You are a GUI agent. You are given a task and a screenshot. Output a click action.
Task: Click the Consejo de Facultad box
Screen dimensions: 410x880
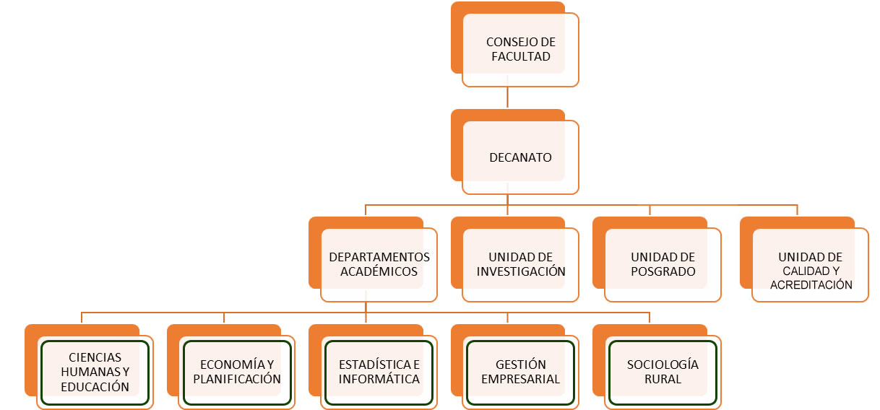tap(520, 49)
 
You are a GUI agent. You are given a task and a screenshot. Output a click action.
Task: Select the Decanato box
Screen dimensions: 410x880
tap(520, 157)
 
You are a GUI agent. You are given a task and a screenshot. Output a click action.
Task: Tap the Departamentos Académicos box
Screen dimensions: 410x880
tap(379, 264)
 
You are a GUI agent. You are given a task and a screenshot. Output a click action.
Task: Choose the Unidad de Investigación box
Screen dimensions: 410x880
tap(520, 264)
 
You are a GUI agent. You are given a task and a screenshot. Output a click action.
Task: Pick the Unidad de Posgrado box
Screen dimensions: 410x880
tap(663, 264)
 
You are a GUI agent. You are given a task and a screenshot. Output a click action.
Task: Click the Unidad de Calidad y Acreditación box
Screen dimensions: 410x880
tap(810, 271)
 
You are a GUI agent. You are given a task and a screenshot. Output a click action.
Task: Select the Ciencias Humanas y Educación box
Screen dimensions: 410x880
tap(95, 372)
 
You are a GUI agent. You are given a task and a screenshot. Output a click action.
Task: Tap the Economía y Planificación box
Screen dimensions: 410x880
tap(237, 372)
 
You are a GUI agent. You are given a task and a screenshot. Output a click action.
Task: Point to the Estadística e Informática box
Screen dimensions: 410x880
tap(379, 372)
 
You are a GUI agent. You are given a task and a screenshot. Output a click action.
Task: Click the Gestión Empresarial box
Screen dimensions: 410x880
tap(520, 372)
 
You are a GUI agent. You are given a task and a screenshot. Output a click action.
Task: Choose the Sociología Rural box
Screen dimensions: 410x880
tap(663, 372)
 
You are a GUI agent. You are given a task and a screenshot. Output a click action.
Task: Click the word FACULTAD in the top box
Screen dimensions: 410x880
tap(520, 56)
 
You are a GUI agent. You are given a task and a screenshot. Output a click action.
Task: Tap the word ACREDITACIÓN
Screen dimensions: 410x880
tap(811, 285)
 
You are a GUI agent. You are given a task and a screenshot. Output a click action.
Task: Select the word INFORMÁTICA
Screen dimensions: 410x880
tap(379, 379)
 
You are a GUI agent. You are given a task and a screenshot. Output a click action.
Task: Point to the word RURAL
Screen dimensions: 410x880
tap(663, 379)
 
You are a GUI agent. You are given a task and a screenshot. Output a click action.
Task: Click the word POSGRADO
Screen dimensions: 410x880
tap(663, 272)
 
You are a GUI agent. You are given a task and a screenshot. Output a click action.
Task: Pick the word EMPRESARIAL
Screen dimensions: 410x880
tap(520, 379)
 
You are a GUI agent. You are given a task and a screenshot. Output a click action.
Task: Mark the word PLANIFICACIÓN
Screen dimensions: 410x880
tap(237, 379)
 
